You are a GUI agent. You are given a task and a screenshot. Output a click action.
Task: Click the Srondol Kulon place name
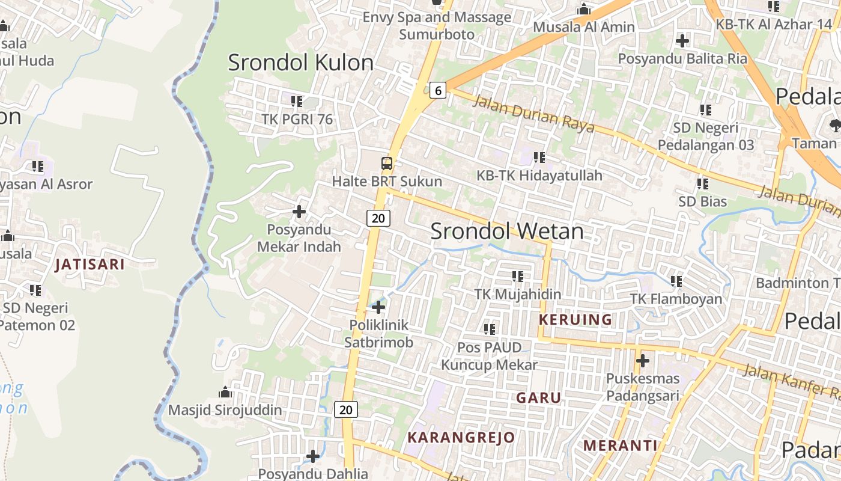[300, 63]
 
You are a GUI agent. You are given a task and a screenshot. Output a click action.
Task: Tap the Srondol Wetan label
[507, 231]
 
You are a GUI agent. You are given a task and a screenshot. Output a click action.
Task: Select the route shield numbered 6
[439, 91]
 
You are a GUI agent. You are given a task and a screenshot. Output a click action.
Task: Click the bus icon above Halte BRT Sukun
[387, 163]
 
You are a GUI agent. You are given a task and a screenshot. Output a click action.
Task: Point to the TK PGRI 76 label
[297, 119]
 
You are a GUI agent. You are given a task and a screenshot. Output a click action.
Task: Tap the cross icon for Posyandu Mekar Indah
[299, 212]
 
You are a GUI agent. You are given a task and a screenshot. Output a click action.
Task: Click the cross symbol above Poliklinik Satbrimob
[378, 307]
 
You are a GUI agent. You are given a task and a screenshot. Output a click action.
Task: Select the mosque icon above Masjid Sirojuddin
[225, 393]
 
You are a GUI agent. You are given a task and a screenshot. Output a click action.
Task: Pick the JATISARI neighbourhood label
[90, 265]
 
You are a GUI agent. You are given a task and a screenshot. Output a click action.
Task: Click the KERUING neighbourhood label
[575, 319]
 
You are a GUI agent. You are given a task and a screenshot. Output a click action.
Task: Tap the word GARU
[539, 398]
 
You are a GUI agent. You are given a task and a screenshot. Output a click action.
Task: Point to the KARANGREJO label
[461, 437]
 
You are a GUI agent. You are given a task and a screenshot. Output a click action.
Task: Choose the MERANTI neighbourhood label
[621, 446]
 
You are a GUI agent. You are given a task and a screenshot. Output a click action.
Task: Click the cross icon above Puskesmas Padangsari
[643, 361]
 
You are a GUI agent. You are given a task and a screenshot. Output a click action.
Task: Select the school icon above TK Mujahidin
[517, 277]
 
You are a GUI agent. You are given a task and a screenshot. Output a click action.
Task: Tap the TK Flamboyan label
[676, 299]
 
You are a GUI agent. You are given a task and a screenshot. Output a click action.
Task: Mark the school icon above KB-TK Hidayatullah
[539, 158]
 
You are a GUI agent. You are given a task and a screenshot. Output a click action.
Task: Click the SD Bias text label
[702, 201]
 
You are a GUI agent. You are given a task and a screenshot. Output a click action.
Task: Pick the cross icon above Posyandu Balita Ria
[682, 41]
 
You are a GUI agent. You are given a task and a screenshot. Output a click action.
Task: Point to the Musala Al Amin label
[584, 27]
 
